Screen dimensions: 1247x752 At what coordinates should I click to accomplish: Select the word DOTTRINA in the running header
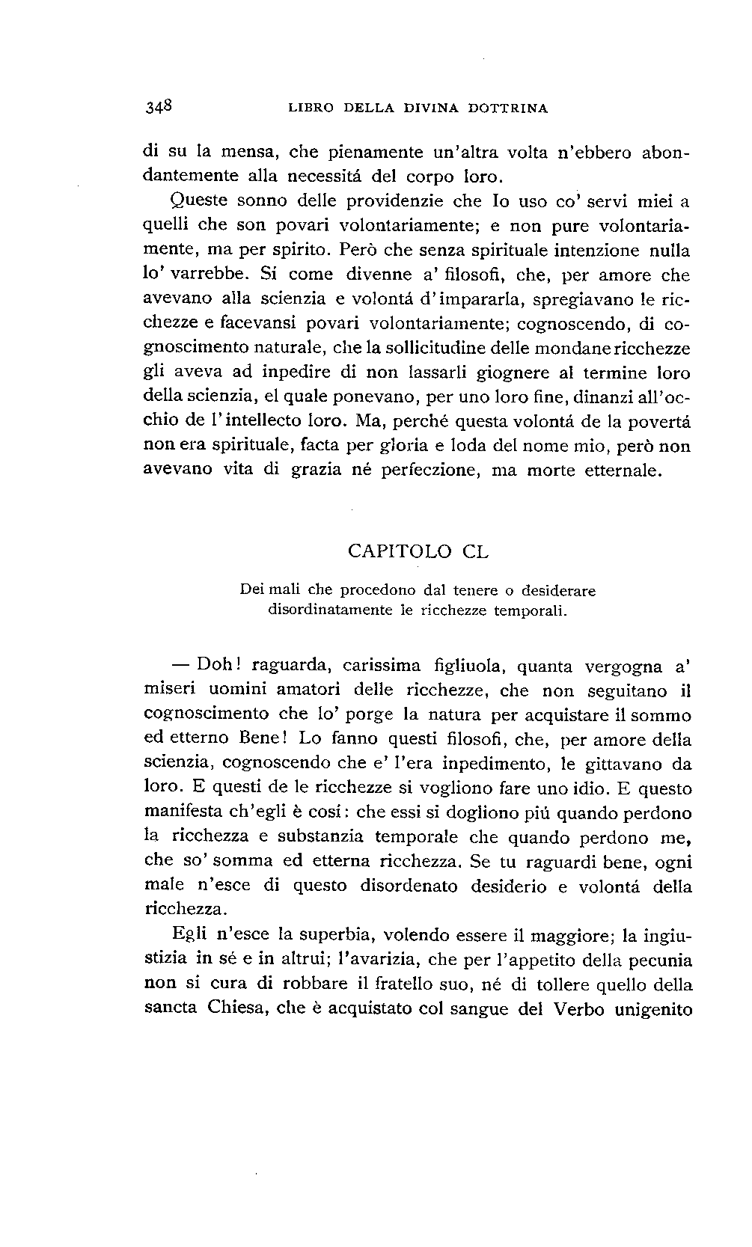click(x=508, y=108)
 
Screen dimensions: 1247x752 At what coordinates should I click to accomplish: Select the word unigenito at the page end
click(x=652, y=1009)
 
